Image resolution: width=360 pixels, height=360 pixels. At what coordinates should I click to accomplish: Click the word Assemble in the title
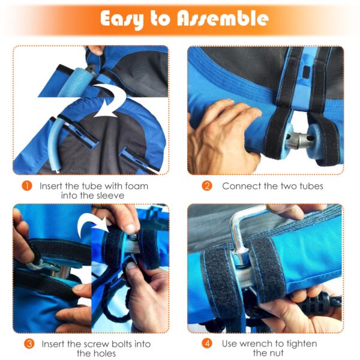223,19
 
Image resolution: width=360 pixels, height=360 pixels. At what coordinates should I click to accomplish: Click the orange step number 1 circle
27,186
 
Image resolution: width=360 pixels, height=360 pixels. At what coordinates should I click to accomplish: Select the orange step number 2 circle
207,186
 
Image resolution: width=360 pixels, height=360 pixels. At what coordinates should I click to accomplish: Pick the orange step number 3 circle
29,344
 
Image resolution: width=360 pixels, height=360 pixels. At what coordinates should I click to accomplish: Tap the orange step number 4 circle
207,344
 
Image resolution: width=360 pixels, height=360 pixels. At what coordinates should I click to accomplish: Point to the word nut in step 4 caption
277,353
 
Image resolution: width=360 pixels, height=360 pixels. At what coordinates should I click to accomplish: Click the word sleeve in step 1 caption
110,196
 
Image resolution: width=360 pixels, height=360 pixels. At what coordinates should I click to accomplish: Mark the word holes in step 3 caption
103,353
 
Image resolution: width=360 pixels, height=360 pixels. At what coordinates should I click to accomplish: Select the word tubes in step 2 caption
311,186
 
